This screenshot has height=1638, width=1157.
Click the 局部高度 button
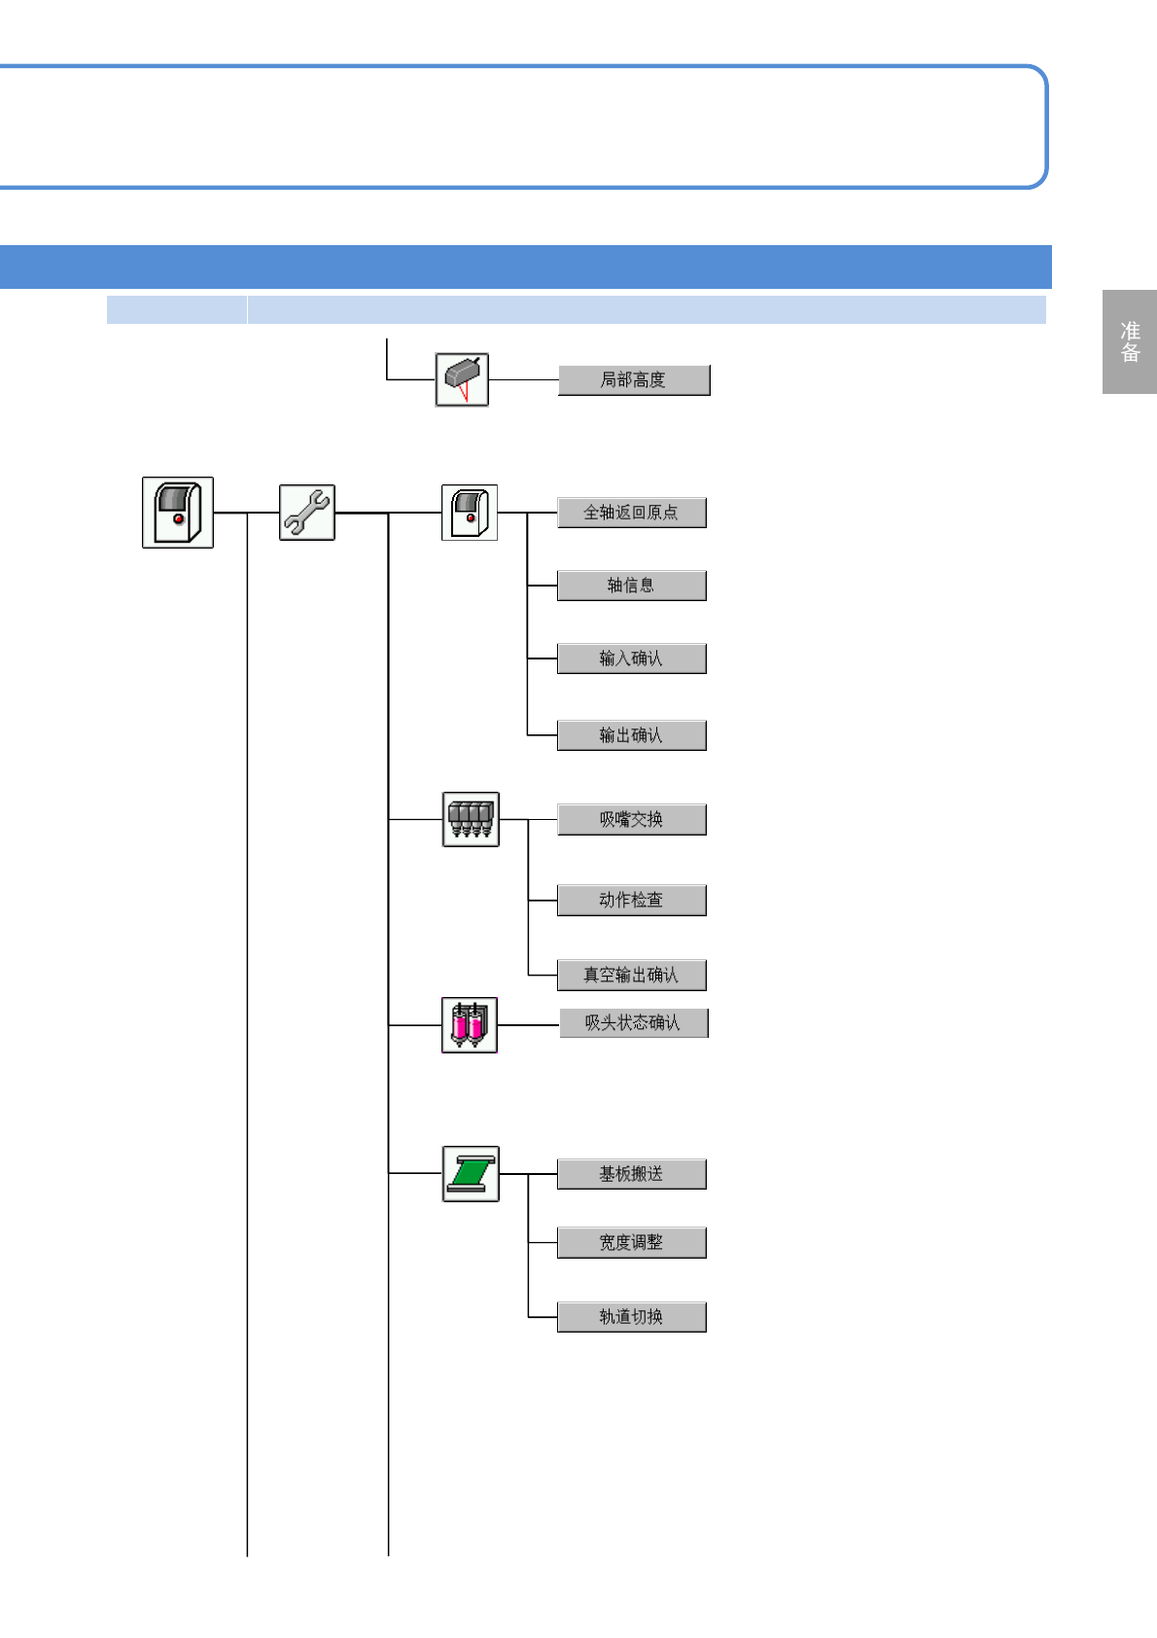(634, 380)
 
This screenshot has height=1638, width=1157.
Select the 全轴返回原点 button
(631, 513)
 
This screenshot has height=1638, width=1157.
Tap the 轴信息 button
(631, 586)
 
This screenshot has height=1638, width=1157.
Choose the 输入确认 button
(631, 659)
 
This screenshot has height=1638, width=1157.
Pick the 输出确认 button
(631, 735)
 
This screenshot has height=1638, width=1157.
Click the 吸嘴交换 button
(631, 820)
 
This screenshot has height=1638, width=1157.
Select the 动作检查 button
(631, 901)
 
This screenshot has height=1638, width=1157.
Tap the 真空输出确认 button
(631, 975)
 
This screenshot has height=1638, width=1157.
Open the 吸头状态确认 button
(633, 1023)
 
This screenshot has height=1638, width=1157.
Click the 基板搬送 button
(631, 1174)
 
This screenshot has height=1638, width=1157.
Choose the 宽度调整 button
(631, 1243)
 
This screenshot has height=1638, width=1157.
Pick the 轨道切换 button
(631, 1317)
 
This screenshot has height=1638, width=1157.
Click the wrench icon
(307, 513)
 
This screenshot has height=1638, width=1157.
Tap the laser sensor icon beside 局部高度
(462, 379)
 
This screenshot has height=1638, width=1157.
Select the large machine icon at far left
(178, 513)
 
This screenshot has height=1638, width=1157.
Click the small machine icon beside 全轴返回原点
(470, 513)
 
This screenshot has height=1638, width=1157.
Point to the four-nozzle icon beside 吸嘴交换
(471, 819)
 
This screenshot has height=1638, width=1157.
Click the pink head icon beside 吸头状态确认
(470, 1025)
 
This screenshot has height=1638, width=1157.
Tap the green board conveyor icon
(471, 1174)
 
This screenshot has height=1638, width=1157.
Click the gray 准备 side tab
(1130, 341)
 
